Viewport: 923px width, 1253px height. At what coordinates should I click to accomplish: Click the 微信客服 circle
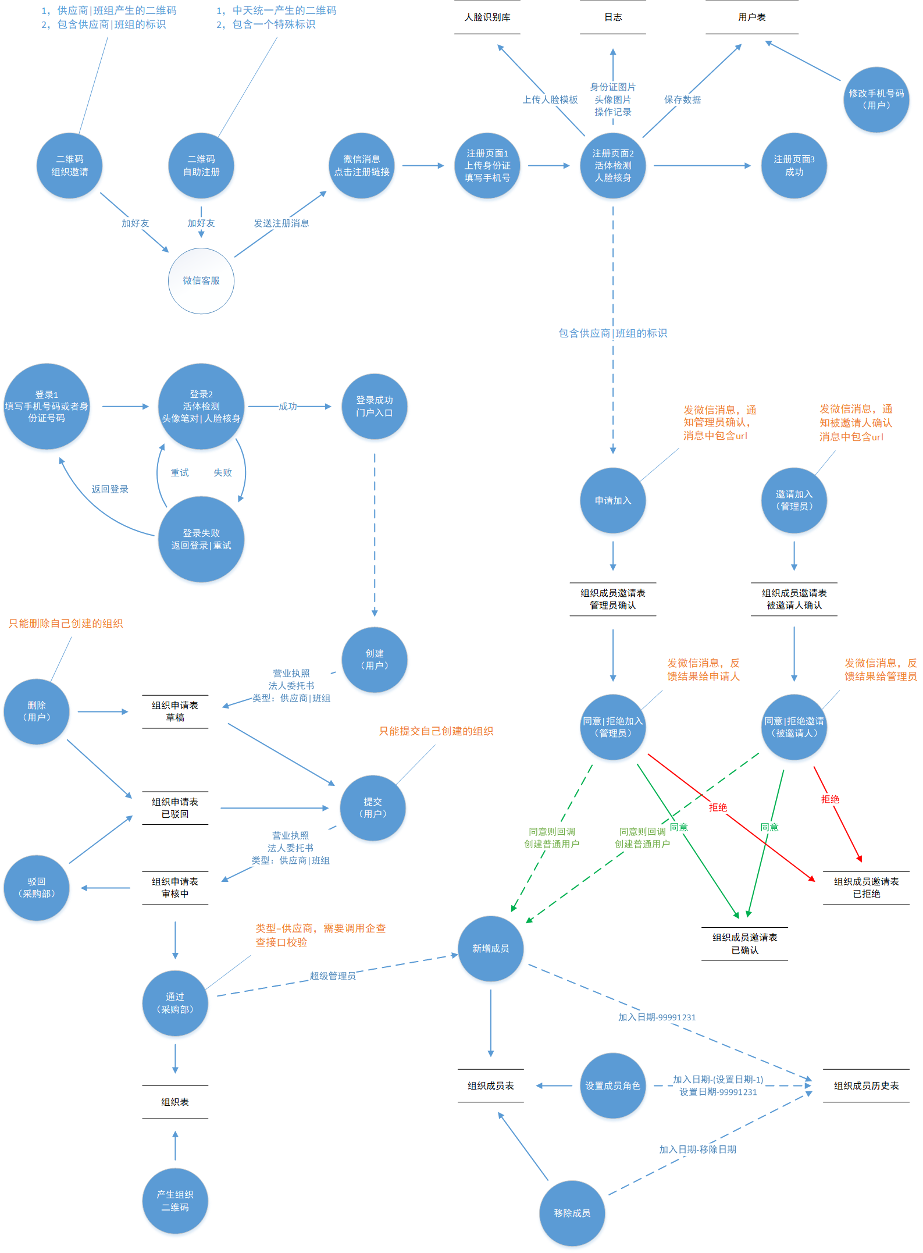coord(201,281)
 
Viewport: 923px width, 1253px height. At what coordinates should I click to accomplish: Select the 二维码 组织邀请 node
coord(70,166)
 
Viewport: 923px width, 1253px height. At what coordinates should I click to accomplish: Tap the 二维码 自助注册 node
coord(201,166)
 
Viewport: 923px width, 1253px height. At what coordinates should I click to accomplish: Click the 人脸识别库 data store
coord(487,17)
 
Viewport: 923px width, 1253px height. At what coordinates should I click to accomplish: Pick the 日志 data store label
coord(613,17)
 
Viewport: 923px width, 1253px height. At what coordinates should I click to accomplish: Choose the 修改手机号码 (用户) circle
coord(876,99)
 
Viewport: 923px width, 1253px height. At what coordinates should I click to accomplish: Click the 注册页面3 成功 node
coord(794,166)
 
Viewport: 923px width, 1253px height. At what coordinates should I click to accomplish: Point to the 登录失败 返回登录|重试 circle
coord(201,539)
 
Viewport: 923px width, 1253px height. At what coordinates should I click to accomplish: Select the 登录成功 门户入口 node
coord(375,407)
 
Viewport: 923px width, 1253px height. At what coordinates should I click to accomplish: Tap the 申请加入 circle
coord(613,500)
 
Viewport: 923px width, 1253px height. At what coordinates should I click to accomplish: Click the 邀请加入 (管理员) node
coord(794,500)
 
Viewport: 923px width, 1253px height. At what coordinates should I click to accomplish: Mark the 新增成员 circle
coord(491,949)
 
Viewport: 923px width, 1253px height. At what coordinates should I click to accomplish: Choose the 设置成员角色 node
coord(613,1085)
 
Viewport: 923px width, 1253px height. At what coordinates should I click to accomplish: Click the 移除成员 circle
coord(572,1213)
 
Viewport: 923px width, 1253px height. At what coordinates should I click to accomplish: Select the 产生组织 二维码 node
coord(175,1201)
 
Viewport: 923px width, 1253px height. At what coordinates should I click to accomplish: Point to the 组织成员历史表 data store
coord(866,1085)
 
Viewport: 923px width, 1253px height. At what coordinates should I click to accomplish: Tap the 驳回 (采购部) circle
coord(37,888)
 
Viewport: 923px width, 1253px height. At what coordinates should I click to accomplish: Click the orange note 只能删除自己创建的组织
coord(66,624)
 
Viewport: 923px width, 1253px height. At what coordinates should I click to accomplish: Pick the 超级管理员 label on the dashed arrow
coord(333,976)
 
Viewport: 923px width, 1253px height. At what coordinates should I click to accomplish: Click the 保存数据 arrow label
coord(682,99)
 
